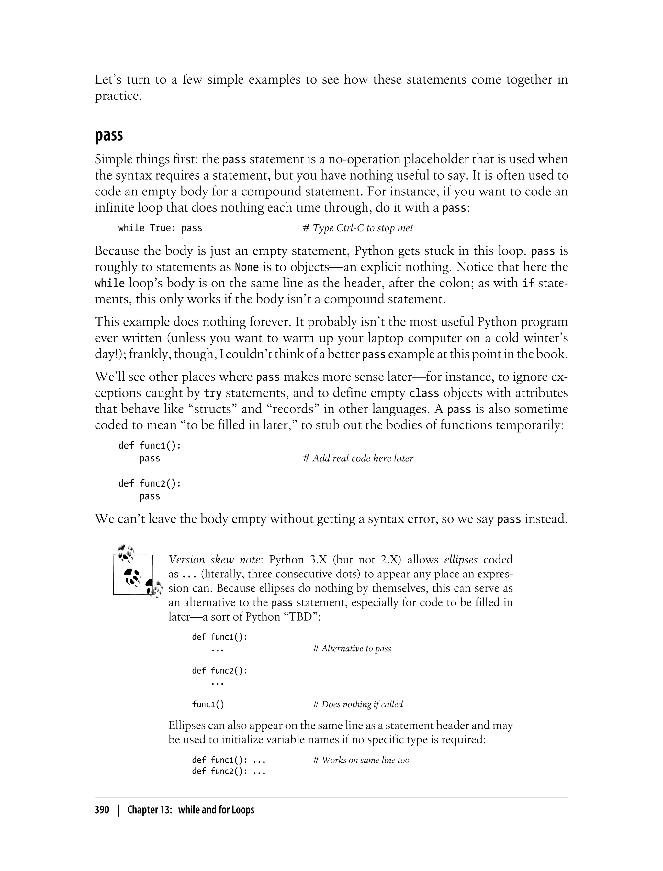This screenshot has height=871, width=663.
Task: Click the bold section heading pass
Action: [108, 135]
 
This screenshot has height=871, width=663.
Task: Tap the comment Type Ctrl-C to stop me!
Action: [357, 228]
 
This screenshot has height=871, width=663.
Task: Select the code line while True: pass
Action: [160, 228]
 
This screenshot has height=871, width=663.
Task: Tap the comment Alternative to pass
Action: [352, 648]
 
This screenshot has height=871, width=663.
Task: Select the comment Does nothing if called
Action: [357, 704]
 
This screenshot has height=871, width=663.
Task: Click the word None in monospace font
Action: [247, 267]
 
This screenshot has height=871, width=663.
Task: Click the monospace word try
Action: [213, 393]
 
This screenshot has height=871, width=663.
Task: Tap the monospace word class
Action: [424, 393]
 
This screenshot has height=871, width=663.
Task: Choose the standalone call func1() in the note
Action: [208, 704]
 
